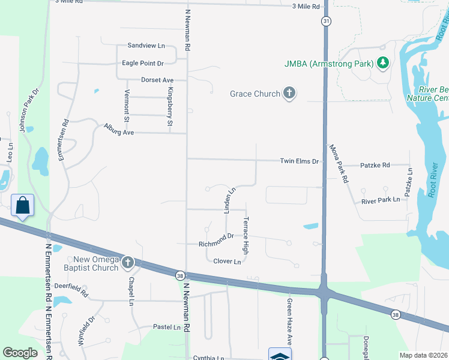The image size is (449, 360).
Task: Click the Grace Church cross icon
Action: (x=289, y=94)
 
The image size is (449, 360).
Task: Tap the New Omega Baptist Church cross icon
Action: (x=127, y=262)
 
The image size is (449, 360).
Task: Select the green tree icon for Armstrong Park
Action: (x=382, y=62)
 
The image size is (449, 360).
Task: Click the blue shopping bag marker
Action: (x=23, y=205)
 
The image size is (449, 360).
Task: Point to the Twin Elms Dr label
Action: (x=299, y=161)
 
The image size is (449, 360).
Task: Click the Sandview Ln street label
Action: (x=146, y=46)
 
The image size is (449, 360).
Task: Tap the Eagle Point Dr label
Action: (x=143, y=63)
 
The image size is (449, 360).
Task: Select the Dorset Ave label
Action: (x=157, y=80)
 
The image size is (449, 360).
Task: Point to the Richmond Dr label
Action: (x=216, y=244)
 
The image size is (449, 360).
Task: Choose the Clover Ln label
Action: (x=228, y=261)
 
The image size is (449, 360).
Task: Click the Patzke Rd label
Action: (x=375, y=165)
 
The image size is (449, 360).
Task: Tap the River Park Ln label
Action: (x=381, y=201)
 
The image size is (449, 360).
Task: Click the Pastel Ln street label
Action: (x=167, y=327)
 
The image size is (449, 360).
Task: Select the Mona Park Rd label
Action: (x=338, y=163)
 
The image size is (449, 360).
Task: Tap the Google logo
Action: (x=20, y=353)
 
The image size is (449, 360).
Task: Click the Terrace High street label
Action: (x=246, y=234)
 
